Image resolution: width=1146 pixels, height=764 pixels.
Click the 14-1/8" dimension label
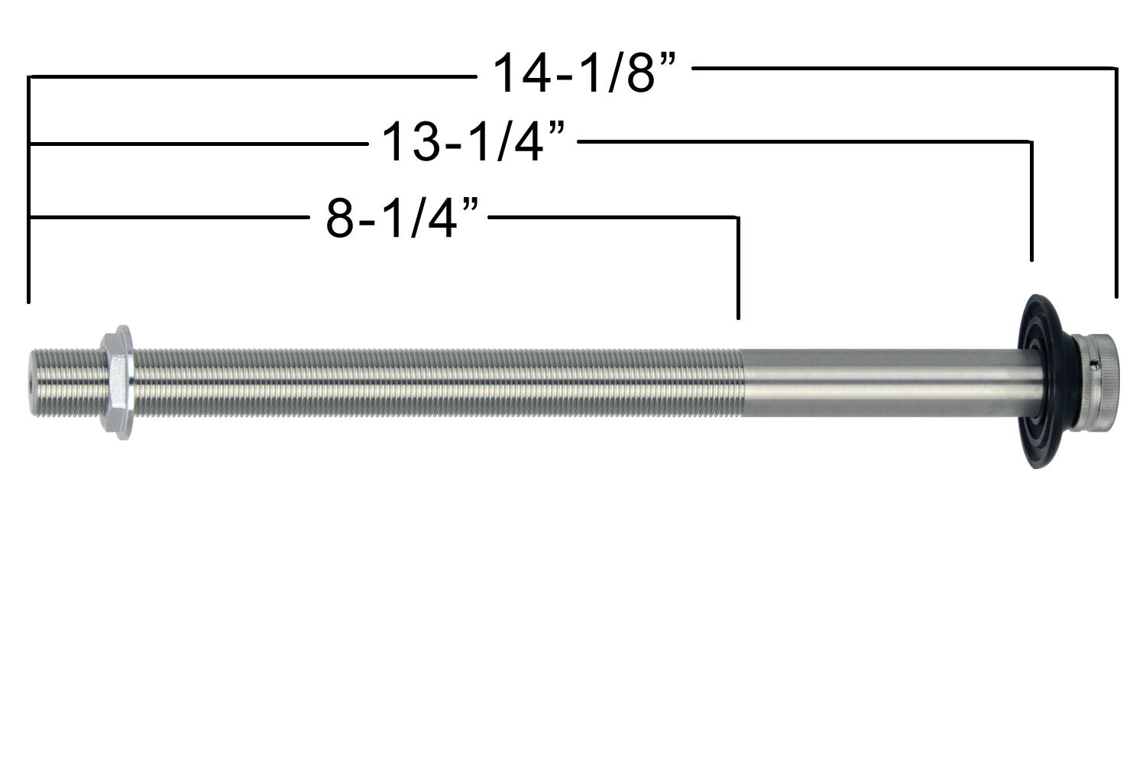pos(584,73)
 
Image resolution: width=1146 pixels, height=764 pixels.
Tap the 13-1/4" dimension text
pos(474,143)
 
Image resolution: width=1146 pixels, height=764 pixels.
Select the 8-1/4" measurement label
pos(406,219)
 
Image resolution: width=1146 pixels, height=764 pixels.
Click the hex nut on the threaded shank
pos(118,381)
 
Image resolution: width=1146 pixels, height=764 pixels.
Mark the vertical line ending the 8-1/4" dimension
pos(738,267)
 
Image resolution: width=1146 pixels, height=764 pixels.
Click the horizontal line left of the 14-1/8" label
pos(252,76)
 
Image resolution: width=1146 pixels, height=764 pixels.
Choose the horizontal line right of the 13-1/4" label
pos(802,141)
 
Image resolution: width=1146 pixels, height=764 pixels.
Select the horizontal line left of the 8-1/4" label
pos(168,218)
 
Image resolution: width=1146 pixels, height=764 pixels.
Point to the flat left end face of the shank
pos(31,382)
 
